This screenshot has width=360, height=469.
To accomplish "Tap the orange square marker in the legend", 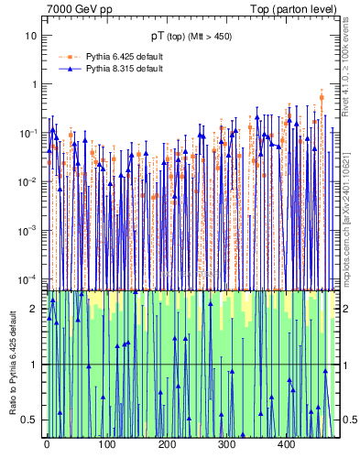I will (68, 56).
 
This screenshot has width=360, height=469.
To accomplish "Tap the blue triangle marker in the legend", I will (68, 69).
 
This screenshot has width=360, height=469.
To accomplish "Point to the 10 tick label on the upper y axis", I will (32, 36).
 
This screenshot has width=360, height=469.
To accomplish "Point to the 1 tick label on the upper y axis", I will (35, 84).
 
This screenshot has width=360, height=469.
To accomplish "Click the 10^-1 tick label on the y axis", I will (30, 132).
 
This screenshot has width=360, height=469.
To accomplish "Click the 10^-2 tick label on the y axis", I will (30, 180).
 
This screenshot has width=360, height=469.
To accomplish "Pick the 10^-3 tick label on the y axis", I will (30, 229).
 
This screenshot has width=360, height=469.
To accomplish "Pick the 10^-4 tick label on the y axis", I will (30, 278).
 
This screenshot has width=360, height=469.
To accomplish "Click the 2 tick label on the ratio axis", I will (35, 309).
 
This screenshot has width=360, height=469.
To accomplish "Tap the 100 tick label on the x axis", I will (106, 444).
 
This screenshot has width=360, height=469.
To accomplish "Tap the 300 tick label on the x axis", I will (226, 444).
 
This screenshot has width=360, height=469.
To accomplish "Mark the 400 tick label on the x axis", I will (286, 444).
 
